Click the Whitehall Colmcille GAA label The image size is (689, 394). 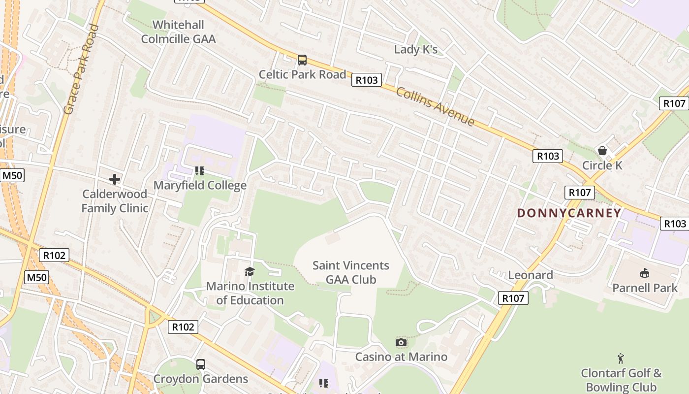point(178,32)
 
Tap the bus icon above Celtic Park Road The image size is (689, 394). point(302,60)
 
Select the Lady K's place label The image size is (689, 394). point(416,50)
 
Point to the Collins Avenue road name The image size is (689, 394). point(435,106)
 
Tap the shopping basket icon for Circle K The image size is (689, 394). point(602,150)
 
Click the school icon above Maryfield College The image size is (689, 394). point(200,171)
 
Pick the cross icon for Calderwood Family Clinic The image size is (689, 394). point(115,179)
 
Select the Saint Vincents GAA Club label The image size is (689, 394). point(351,272)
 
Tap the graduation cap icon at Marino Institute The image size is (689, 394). point(250,271)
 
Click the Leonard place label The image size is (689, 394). point(531,275)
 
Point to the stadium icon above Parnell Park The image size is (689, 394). point(645,273)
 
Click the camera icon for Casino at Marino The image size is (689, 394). point(401,342)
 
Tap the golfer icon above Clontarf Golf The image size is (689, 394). point(621,358)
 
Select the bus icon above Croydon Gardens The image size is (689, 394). point(201,364)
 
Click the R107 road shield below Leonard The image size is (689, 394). point(513,298)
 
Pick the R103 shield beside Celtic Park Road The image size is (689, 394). point(367,80)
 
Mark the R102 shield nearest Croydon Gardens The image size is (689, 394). point(183,327)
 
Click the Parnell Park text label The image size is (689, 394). point(645,288)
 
